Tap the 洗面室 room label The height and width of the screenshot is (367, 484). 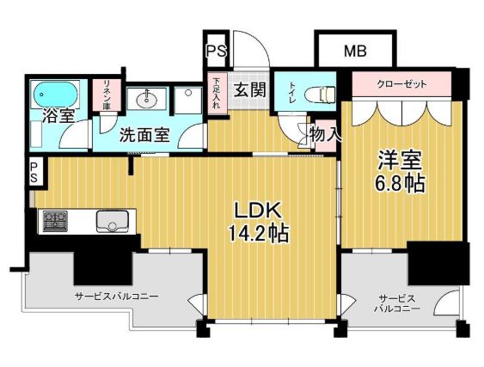(x=144, y=135)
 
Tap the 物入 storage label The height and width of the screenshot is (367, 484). (x=325, y=134)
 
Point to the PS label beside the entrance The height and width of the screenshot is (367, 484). (x=215, y=52)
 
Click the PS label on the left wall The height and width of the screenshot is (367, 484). (x=34, y=173)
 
